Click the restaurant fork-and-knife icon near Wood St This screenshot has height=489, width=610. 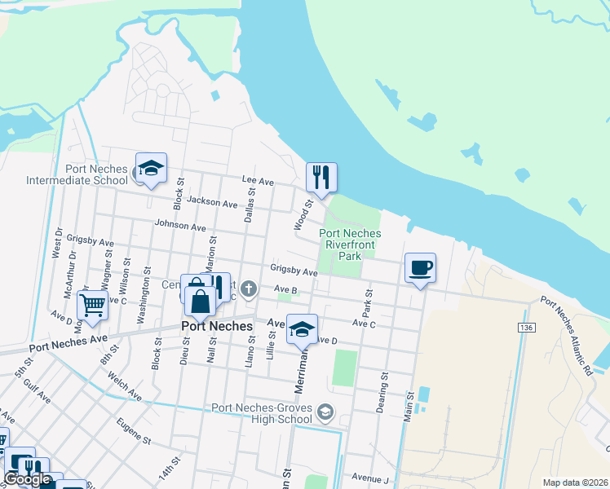click(x=321, y=176)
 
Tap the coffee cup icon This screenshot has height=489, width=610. click(x=420, y=267)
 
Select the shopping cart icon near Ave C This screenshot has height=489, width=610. click(x=92, y=306)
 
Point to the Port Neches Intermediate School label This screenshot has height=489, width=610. click(x=77, y=174)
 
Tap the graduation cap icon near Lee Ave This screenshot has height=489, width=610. click(x=151, y=167)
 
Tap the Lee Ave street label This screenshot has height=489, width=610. click(x=257, y=182)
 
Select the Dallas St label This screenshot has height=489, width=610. click(x=250, y=204)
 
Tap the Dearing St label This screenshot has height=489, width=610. click(x=381, y=391)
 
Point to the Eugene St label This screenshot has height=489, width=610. click(x=135, y=432)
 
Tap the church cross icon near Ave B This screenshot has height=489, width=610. click(x=250, y=288)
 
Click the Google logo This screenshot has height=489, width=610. click(x=28, y=480)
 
